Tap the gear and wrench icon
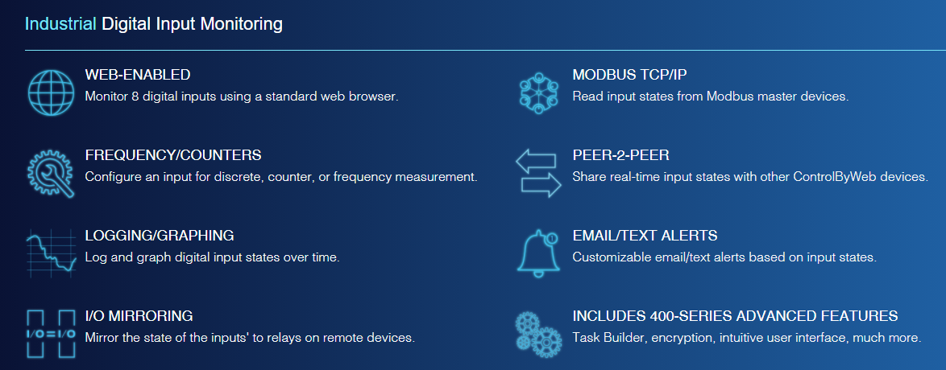pos(51,174)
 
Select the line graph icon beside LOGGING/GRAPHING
pos(51,253)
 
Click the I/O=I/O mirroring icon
pos(51,333)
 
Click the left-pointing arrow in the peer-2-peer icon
pos(535,162)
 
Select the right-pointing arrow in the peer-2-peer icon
pos(541,186)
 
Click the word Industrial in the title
pos(60,24)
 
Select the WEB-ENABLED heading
pos(138,75)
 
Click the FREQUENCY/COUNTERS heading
pos(173,155)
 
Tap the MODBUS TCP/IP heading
pos(629,75)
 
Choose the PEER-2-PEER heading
pos(620,155)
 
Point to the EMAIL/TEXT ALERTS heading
pos(645,235)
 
